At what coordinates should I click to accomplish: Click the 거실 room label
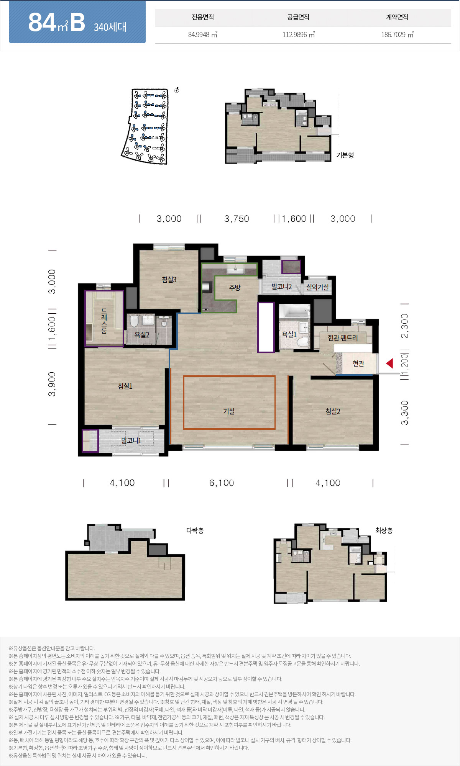(x=229, y=411)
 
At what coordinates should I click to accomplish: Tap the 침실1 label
(x=125, y=386)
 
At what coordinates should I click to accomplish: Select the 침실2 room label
(x=333, y=411)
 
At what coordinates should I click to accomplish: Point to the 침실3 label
(x=169, y=280)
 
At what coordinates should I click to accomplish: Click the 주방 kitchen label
(x=235, y=288)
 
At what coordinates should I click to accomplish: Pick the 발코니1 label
(x=131, y=440)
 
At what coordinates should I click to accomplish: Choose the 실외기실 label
(x=317, y=287)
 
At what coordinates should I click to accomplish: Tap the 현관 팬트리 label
(x=343, y=338)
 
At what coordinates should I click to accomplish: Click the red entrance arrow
(x=389, y=363)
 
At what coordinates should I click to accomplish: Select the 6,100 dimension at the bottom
(x=222, y=483)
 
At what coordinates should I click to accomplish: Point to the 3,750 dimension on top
(x=237, y=219)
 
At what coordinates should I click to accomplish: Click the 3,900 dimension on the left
(x=52, y=384)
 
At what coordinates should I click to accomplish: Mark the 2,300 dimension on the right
(x=404, y=326)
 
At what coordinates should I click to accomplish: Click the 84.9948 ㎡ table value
(x=203, y=34)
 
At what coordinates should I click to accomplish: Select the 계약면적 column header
(x=397, y=17)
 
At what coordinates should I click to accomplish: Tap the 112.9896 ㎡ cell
(x=299, y=34)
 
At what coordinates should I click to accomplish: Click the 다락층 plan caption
(x=195, y=530)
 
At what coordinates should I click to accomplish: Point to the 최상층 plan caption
(x=384, y=530)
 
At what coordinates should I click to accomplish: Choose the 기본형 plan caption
(x=345, y=155)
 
